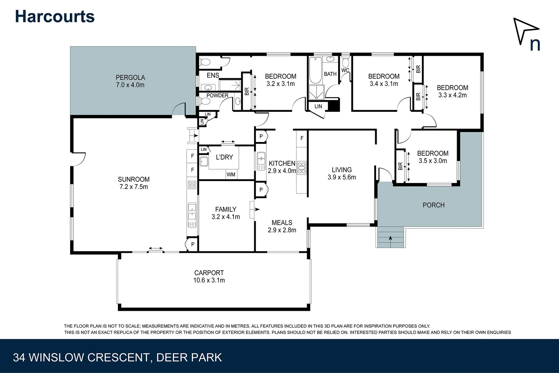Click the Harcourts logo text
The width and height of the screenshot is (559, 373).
click(x=55, y=17)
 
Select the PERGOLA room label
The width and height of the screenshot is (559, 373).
click(x=130, y=77)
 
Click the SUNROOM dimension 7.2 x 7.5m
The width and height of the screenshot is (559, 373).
click(x=134, y=187)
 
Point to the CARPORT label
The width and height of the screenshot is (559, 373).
click(x=209, y=273)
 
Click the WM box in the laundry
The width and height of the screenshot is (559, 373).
click(x=231, y=175)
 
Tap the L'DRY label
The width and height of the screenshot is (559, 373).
click(x=224, y=157)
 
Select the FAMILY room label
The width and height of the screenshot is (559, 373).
click(x=226, y=209)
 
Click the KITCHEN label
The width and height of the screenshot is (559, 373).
click(x=282, y=163)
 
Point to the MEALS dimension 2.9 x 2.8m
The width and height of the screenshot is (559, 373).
click(x=282, y=230)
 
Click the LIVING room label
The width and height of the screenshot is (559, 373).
click(x=341, y=170)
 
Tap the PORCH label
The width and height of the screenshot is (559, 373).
click(x=433, y=205)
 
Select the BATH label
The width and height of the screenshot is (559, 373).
click(x=330, y=74)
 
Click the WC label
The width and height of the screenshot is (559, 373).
click(x=345, y=70)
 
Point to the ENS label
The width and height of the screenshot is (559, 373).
click(x=213, y=75)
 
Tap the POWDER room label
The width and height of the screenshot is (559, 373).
click(x=217, y=96)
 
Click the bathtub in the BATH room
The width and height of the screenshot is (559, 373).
click(x=315, y=70)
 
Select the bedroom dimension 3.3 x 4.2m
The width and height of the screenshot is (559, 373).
click(x=452, y=95)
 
